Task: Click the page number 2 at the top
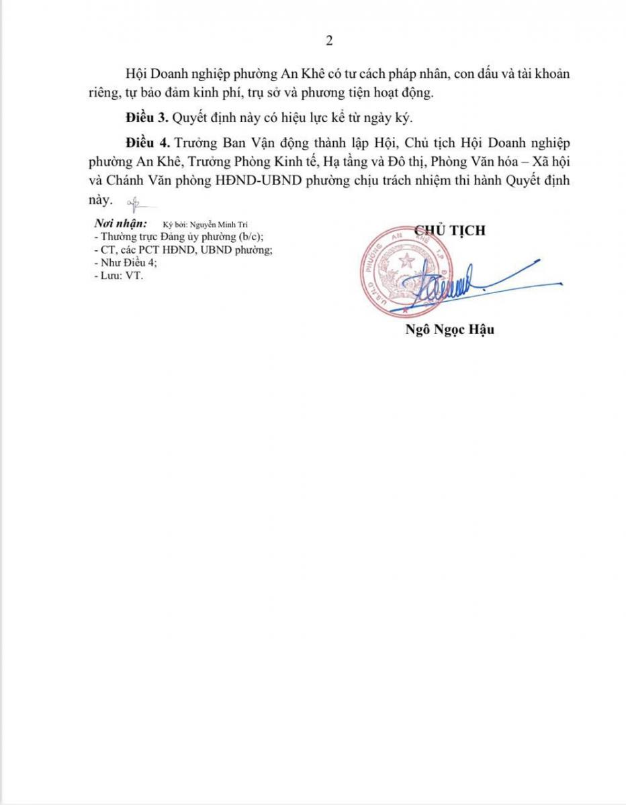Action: (x=329, y=41)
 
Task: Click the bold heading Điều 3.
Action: (x=146, y=118)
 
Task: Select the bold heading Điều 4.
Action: (x=146, y=144)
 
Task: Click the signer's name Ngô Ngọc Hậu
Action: (x=450, y=329)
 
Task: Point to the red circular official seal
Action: (x=406, y=272)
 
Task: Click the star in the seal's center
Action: (x=406, y=261)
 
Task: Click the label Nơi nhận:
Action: (x=120, y=224)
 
